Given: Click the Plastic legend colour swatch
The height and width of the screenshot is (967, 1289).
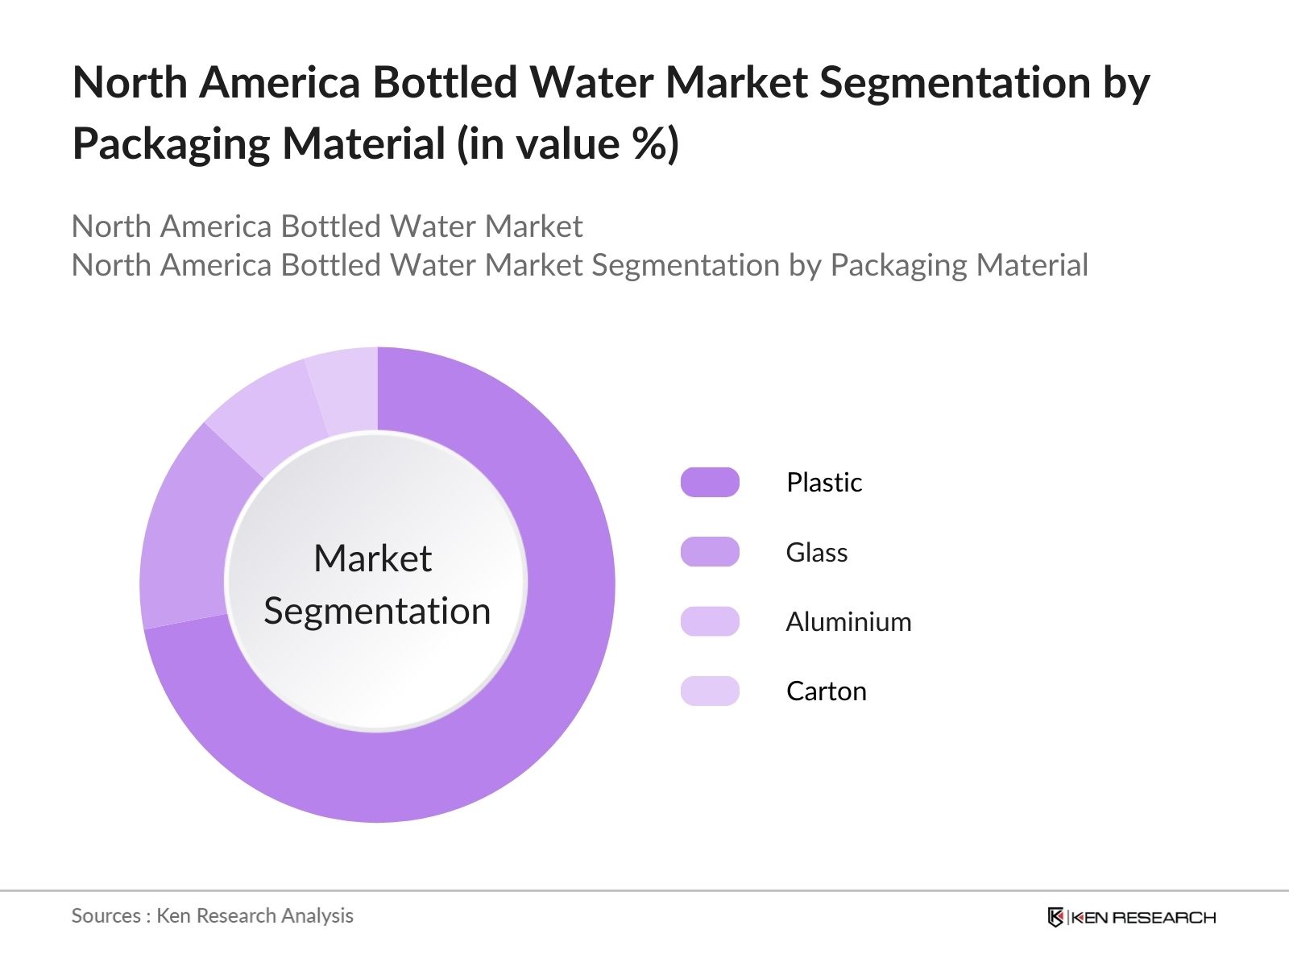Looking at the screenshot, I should tap(710, 482).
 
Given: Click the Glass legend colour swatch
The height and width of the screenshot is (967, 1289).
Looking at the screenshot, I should tap(710, 552).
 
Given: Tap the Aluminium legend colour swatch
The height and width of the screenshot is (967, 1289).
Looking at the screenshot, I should tap(710, 621).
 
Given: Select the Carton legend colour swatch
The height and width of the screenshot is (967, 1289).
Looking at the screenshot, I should tap(710, 691).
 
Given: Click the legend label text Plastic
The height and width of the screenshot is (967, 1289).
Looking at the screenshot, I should tap(823, 482).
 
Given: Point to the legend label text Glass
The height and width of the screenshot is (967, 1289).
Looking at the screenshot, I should tap(816, 552).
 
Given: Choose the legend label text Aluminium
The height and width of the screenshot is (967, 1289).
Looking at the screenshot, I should tap(848, 621).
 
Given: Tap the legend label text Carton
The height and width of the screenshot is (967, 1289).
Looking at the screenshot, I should tap(826, 691).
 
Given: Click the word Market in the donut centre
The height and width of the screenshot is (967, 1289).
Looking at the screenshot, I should tap(372, 558).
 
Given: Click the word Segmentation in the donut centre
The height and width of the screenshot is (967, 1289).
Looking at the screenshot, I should tap(377, 611).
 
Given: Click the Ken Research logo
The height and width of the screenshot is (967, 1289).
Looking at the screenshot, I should tap(1131, 917).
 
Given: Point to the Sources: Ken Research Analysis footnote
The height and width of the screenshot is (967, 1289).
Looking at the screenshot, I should tap(212, 915).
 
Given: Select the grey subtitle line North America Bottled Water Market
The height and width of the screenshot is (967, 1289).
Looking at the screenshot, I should tap(326, 226).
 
